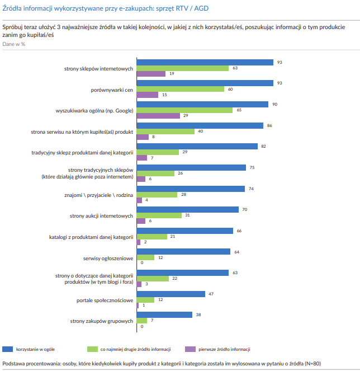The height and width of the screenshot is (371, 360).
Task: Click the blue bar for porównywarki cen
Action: (x=205, y=83)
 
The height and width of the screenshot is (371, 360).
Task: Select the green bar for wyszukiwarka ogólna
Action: (x=184, y=110)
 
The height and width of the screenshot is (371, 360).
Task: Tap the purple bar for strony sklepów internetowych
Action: (x=151, y=74)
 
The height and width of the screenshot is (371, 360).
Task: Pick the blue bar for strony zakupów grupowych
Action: (x=164, y=314)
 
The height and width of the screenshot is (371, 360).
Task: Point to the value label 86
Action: (x=269, y=125)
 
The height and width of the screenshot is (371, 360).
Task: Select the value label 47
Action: (x=211, y=293)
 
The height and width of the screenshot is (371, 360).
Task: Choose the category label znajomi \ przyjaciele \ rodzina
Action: (x=99, y=195)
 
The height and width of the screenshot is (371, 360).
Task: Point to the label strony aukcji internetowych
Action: (x=101, y=215)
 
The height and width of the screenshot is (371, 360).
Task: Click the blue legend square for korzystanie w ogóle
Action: (x=7, y=349)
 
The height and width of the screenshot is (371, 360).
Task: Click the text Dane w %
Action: (x=14, y=44)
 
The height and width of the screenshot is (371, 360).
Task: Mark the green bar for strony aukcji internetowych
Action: (x=159, y=215)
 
